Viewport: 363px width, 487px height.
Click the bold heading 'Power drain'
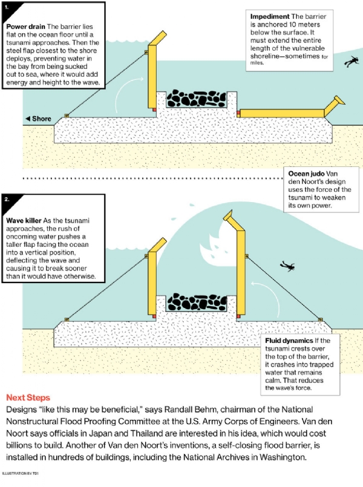pyautogui.click(x=24, y=27)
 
